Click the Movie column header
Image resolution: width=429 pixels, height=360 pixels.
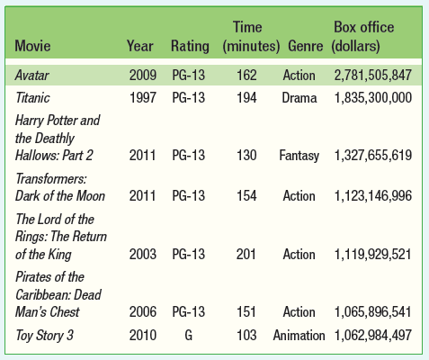(32, 46)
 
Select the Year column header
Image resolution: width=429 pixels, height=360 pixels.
(140, 46)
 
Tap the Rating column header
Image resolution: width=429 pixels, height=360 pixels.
(190, 47)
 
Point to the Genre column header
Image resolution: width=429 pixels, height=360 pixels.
(306, 46)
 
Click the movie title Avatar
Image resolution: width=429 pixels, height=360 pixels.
(31, 75)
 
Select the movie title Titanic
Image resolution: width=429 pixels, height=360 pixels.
(32, 98)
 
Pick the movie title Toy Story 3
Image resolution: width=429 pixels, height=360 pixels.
(44, 336)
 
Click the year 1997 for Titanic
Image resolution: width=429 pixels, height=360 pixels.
(143, 98)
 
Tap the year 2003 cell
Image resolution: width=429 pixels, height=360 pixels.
(143, 255)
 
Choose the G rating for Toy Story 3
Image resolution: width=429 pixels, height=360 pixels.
(188, 335)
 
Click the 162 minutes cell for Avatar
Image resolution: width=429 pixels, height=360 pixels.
(246, 75)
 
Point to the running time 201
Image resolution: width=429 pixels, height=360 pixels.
(246, 255)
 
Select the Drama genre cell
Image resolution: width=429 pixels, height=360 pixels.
(299, 98)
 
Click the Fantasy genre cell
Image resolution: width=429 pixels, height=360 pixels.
(299, 156)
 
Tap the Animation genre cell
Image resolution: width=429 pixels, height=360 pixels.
(299, 335)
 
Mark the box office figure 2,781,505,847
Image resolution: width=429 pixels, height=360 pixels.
(373, 75)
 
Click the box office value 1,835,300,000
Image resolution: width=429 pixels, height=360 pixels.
(373, 98)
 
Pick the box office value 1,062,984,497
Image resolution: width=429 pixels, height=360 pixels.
(373, 335)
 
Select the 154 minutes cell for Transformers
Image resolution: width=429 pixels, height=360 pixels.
(246, 196)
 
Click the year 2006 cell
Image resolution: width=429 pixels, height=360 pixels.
(143, 312)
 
